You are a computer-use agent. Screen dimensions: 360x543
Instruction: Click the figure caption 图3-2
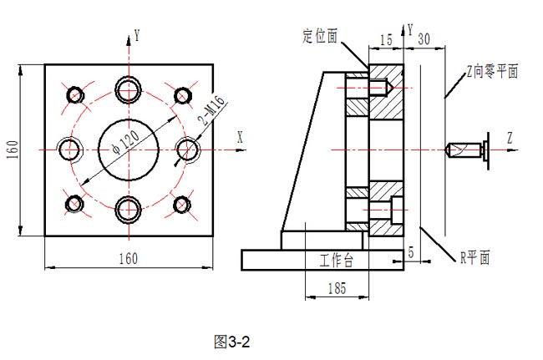pos(232,341)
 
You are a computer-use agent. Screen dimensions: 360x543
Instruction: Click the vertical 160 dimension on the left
pos(13,150)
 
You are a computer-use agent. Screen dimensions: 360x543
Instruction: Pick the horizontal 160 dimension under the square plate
pos(127,258)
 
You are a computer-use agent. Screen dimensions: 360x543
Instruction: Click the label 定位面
pos(320,36)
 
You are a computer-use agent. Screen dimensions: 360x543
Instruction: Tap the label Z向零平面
pos(492,72)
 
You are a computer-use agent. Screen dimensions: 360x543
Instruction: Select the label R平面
pos(475,257)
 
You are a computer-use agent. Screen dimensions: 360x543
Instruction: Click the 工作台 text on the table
pos(337,261)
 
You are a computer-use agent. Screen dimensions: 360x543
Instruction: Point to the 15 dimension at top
pos(386,38)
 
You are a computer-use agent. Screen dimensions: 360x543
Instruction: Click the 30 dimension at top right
pos(424,38)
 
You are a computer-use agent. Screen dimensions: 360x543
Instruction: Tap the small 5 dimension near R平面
pos(410,251)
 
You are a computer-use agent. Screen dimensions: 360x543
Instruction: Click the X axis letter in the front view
pos(240,135)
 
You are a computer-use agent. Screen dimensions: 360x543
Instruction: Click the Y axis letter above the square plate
pos(136,36)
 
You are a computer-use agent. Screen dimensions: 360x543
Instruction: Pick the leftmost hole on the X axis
pos(69,149)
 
